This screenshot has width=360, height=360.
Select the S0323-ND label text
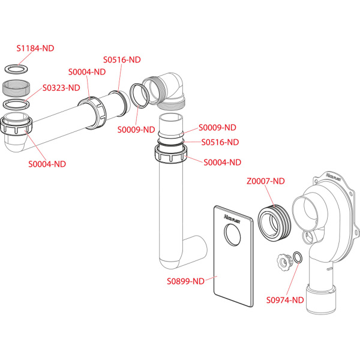pos(61,88)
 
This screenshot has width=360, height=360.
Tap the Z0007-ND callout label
pos(266,181)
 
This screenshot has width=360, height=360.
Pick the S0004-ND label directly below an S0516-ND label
pos(222,162)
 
